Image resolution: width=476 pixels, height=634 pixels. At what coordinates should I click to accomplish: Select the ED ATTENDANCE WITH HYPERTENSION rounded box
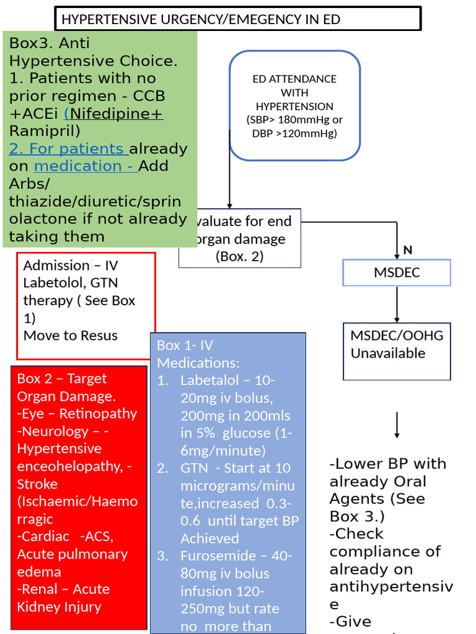(x=294, y=106)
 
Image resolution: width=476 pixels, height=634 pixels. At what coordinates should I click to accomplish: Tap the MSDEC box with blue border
(x=397, y=272)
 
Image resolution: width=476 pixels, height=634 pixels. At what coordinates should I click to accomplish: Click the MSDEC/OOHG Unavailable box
(x=397, y=352)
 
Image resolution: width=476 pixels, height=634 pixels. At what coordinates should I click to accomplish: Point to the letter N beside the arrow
(x=408, y=250)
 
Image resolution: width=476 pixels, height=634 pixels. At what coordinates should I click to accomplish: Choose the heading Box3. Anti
(x=50, y=43)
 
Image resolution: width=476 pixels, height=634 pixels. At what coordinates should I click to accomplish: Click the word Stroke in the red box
(x=37, y=484)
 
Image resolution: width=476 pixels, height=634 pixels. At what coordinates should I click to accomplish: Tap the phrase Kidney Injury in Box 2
(x=59, y=607)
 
